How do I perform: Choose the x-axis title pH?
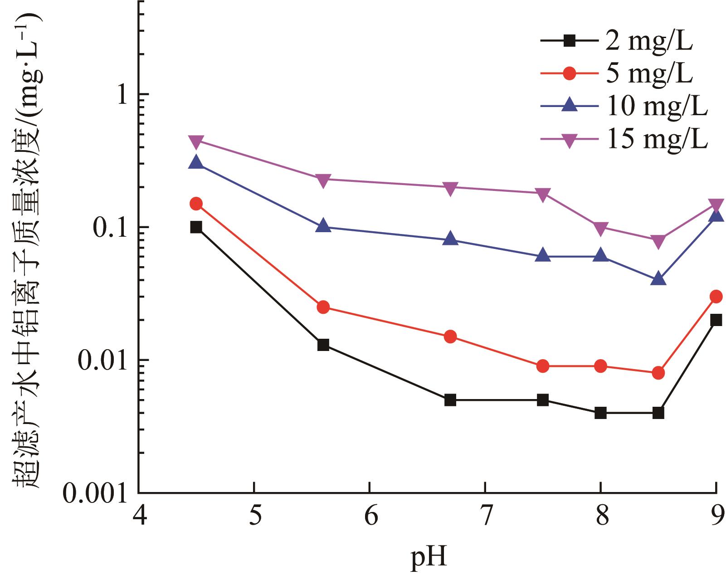click(x=429, y=558)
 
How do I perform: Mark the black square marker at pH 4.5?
click(x=196, y=227)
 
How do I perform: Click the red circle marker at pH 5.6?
click(x=323, y=307)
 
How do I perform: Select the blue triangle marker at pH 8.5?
click(x=658, y=279)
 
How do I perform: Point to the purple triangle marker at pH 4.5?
click(x=196, y=141)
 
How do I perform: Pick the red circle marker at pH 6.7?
click(x=450, y=336)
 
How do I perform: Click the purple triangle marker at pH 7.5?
click(x=542, y=194)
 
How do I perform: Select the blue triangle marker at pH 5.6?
click(x=323, y=225)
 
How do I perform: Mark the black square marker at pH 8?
click(x=600, y=413)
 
